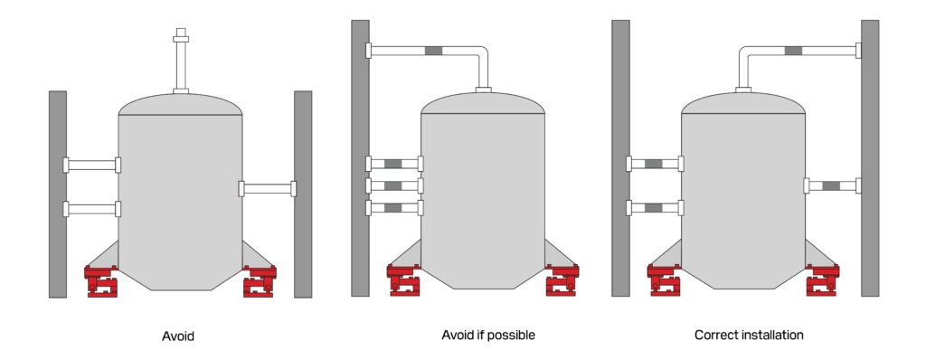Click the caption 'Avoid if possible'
tap(488, 336)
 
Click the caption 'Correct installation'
tap(749, 336)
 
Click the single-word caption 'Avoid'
tap(178, 336)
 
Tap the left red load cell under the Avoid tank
tap(101, 280)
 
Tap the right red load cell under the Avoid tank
tap(260, 280)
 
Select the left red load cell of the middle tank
tap(404, 279)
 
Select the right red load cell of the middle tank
tap(562, 279)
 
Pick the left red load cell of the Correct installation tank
tap(665, 279)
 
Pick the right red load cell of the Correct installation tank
tap(822, 279)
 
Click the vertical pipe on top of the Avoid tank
tap(181, 61)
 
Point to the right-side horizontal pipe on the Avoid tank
tap(268, 188)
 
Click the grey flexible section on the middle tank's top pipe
tap(433, 51)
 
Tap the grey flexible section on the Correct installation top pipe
tap(793, 51)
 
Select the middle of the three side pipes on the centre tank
tap(394, 185)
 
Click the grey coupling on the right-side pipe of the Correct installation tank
tap(831, 185)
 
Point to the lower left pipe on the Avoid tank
tap(92, 209)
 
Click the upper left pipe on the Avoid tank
tap(92, 165)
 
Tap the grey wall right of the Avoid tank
tap(303, 194)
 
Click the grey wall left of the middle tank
tap(360, 157)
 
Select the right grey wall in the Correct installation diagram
tap(870, 157)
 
